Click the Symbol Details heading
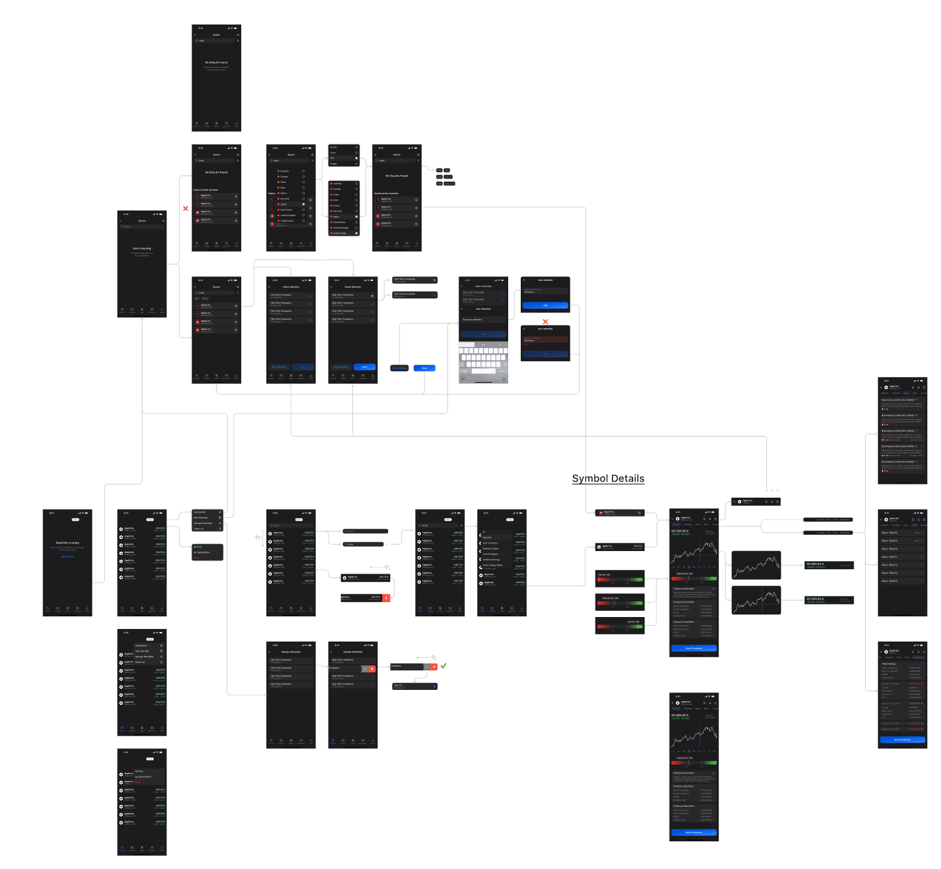tap(608, 479)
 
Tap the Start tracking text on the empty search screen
tap(142, 248)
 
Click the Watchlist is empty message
tap(67, 542)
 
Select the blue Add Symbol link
tap(67, 556)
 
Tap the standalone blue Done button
tap(425, 368)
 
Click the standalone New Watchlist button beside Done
tap(400, 368)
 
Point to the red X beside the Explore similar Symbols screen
tap(186, 208)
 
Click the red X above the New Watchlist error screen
tap(545, 322)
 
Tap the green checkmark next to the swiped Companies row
tap(443, 665)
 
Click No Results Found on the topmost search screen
tap(216, 63)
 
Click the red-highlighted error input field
tap(545, 339)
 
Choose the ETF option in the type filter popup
tap(344, 158)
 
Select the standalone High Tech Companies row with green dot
tap(415, 280)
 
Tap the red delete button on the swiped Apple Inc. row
tap(386, 598)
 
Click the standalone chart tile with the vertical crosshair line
tap(756, 600)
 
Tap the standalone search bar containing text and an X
tap(364, 544)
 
